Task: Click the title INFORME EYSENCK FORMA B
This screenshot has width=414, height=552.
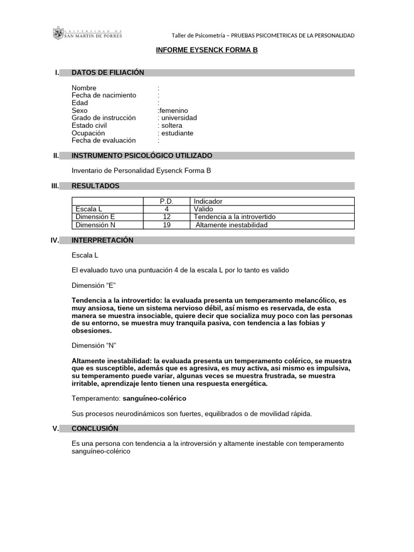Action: coord(207,50)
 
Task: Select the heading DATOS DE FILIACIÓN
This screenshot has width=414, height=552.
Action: coord(108,73)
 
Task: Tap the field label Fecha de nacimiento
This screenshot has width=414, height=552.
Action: coord(104,95)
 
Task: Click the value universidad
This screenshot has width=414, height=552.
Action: coord(179,118)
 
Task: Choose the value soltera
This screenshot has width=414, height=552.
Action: coord(172,126)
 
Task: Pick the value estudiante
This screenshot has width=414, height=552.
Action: coord(177,133)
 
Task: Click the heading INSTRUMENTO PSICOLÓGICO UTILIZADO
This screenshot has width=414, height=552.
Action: coord(142,156)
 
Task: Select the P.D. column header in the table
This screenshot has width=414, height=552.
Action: coord(167,202)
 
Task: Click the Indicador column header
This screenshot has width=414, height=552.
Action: coord(208,202)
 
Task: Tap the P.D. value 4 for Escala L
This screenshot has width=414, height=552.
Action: coord(167,209)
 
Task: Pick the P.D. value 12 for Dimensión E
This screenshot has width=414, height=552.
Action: coord(167,217)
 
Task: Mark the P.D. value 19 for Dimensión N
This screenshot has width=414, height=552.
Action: coord(167,225)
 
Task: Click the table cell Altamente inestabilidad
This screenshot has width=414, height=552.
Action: coord(231,225)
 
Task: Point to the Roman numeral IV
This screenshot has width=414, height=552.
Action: coord(54,240)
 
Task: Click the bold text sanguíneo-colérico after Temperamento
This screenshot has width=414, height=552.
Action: coord(154,398)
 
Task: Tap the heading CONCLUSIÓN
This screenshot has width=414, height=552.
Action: coord(95,429)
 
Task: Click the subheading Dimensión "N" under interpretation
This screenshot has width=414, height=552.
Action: coord(94,345)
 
